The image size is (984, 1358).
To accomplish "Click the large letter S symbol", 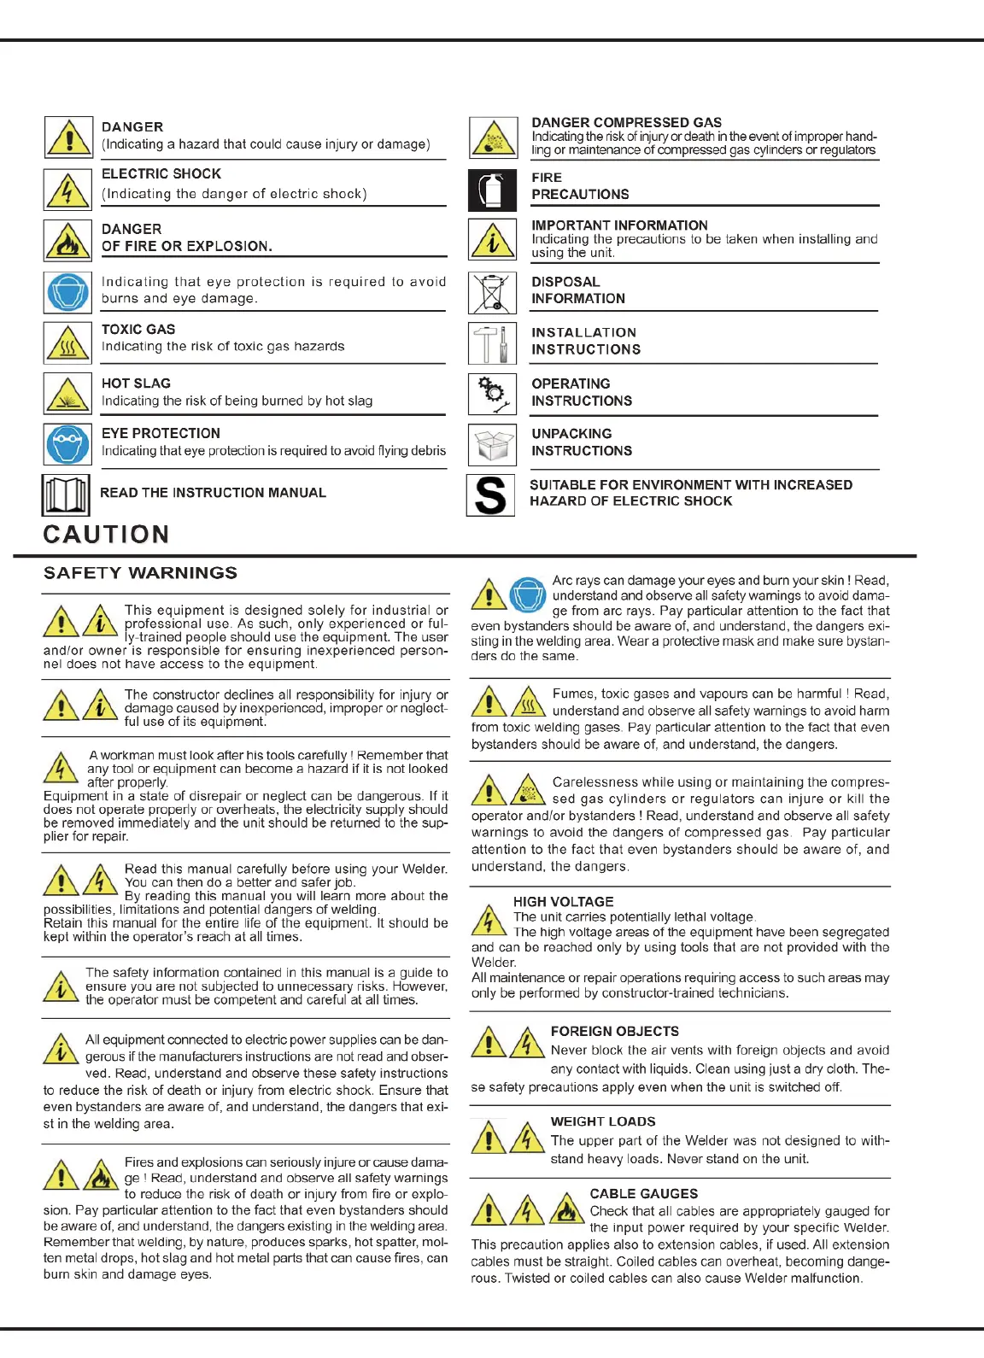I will (x=490, y=495).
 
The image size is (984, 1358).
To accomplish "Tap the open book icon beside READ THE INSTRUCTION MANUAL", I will (x=66, y=495).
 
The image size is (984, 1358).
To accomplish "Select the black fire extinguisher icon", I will (x=492, y=190).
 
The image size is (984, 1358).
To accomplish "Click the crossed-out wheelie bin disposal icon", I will (x=492, y=293).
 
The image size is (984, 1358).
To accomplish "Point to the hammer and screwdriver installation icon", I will (x=492, y=343).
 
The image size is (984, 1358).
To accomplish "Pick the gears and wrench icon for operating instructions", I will (x=492, y=394).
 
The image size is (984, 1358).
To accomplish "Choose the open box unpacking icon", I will (x=492, y=445).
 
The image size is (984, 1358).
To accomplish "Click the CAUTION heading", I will (x=106, y=535).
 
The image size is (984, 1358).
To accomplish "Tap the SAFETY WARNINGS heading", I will (x=140, y=573).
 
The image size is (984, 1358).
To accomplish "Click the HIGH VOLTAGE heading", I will (x=563, y=902).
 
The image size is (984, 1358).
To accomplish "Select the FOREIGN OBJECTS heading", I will (x=614, y=1032).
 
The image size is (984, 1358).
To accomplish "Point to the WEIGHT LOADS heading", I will (x=603, y=1121).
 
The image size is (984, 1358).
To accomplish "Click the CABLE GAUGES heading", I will (x=643, y=1194).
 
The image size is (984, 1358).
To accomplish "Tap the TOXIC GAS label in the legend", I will (x=138, y=330).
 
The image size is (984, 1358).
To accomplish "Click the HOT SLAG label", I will (x=136, y=383).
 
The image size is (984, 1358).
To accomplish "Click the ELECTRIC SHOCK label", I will (x=161, y=174).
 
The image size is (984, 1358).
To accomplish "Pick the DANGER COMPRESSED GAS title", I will (x=626, y=123).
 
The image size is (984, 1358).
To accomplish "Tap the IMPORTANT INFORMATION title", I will (x=619, y=225).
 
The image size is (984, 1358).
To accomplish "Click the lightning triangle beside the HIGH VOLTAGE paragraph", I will (x=489, y=921).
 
